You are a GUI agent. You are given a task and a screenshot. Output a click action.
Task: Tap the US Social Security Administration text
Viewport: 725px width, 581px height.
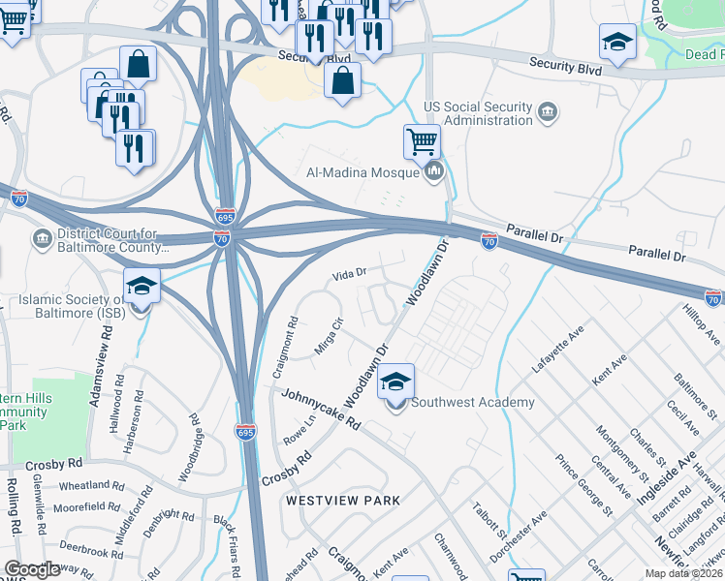coord(478,113)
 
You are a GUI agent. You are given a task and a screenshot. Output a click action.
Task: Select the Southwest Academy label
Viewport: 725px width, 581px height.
coord(473,403)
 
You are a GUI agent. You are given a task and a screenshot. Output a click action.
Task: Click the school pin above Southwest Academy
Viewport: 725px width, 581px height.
coord(395,383)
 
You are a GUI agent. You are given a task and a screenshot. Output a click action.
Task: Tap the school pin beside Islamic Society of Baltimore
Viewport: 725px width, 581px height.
coord(142,289)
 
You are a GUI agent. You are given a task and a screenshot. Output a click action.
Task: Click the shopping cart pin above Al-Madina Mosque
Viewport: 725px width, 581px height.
coord(423,143)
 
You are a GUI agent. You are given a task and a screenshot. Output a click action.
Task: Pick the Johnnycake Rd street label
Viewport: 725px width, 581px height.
coord(321,410)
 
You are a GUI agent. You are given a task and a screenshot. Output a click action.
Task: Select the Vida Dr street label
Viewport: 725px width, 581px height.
coord(349,274)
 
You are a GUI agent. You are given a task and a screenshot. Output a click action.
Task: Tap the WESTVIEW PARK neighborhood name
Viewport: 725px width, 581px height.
coord(342,501)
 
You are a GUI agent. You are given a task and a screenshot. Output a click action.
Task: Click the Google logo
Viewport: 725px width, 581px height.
coord(32,569)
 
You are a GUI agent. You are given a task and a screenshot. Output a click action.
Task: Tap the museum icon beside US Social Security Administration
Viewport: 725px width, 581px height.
coord(548,114)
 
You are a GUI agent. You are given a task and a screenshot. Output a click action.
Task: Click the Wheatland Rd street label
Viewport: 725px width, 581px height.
coord(90,484)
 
